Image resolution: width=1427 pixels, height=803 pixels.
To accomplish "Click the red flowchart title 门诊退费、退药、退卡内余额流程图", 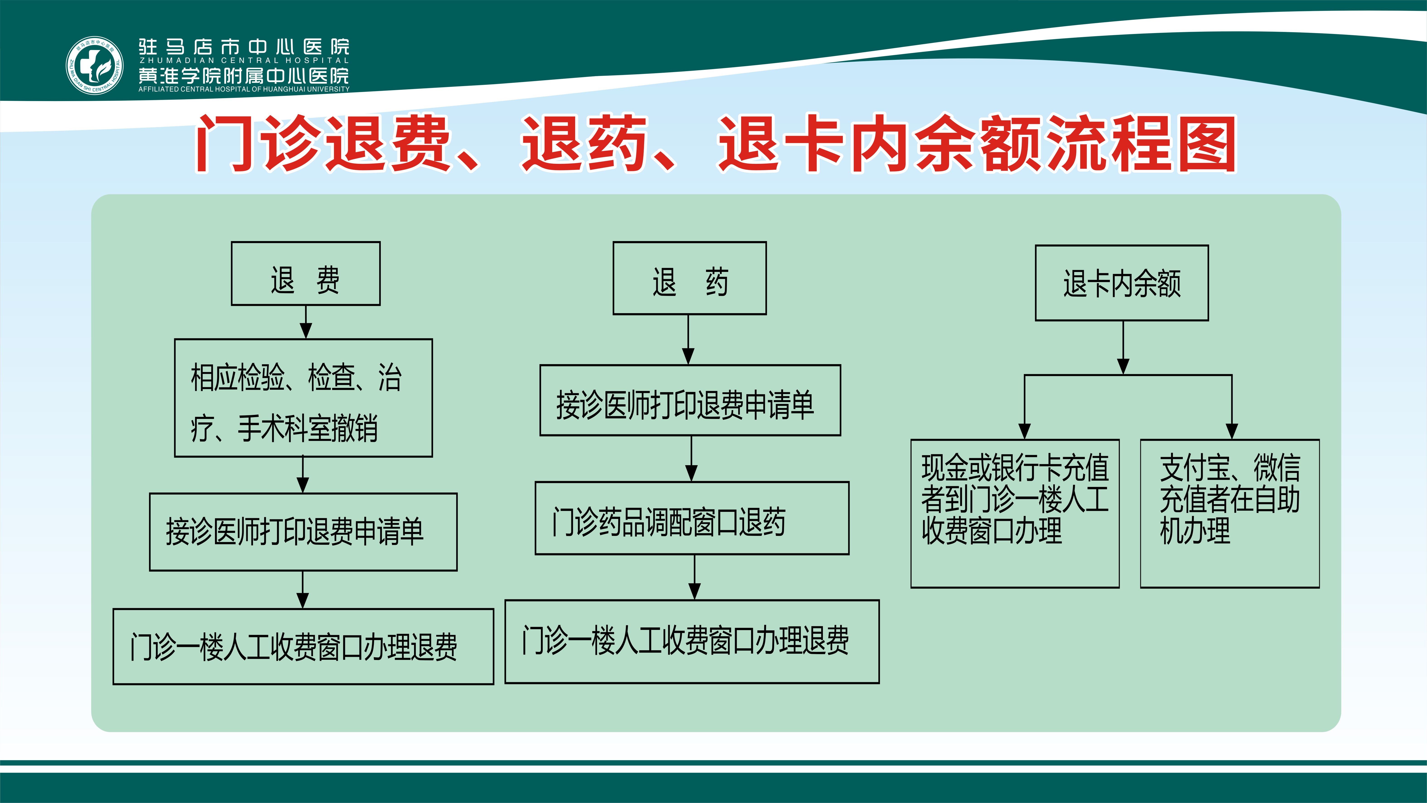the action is pos(716,143).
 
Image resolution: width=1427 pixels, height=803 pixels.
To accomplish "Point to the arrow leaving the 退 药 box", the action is pos(688,340).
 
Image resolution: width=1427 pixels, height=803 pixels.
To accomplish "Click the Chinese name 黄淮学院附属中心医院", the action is pos(244,75).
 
